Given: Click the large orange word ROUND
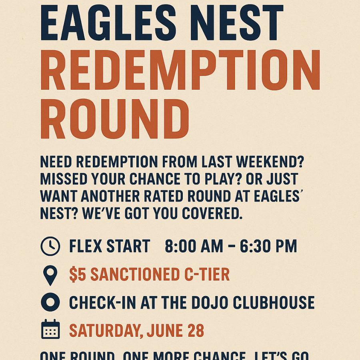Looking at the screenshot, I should tap(115, 119).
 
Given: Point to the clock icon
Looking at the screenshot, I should tap(50, 246).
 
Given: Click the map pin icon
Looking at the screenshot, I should tap(50, 275).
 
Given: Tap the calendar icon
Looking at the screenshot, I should tap(50, 330).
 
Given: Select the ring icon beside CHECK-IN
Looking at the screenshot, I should tap(50, 303).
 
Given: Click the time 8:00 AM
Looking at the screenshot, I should tap(194, 246).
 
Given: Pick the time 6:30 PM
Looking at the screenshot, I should tap(268, 246).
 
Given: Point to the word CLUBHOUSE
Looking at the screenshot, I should tap(274, 303).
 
